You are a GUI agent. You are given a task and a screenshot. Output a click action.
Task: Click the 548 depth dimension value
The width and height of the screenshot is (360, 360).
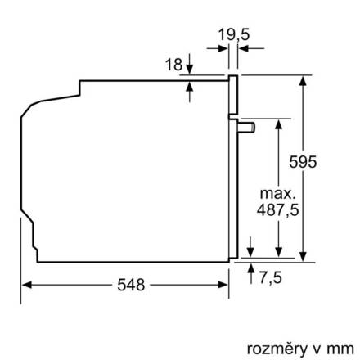(x=131, y=286)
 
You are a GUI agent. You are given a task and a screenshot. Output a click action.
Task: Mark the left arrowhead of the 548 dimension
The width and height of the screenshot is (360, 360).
(x=25, y=285)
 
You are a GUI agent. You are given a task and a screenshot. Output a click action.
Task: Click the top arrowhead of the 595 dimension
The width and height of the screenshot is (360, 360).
(x=304, y=79)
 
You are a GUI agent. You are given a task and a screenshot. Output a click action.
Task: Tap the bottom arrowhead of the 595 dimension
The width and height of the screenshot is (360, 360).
(x=304, y=257)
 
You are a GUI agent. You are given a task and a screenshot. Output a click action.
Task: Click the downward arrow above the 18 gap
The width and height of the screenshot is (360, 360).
(x=189, y=69)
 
